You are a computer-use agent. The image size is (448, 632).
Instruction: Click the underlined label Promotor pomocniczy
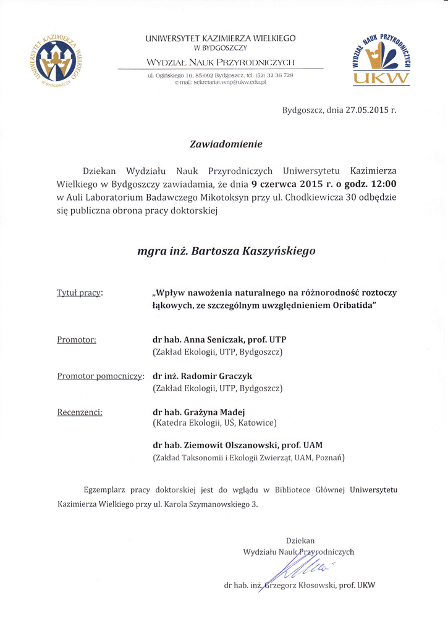pyautogui.click(x=100, y=375)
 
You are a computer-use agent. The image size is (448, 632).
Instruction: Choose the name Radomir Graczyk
pyautogui.click(x=216, y=375)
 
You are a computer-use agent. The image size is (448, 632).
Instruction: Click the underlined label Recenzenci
pyautogui.click(x=80, y=411)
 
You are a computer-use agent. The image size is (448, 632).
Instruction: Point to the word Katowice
pyautogui.click(x=253, y=423)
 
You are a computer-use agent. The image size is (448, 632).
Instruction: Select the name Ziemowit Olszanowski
pyautogui.click(x=230, y=445)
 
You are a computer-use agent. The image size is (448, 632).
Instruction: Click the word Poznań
pyautogui.click(x=328, y=458)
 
